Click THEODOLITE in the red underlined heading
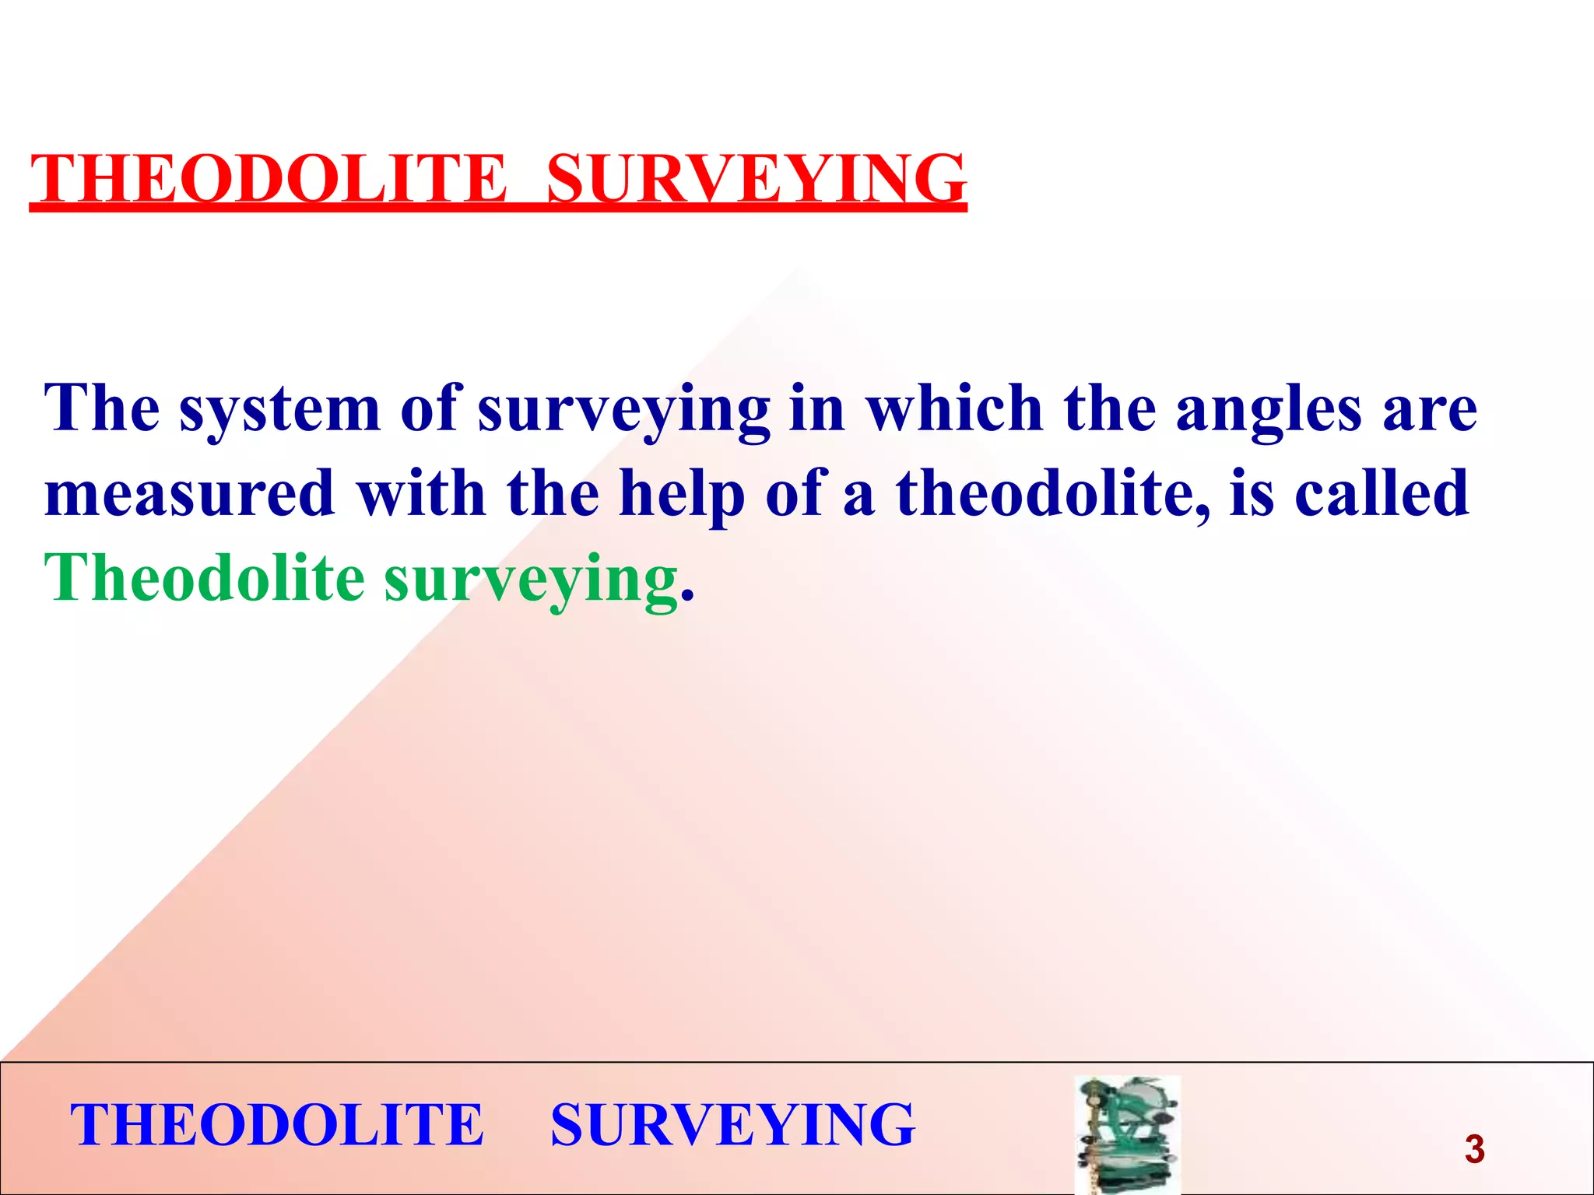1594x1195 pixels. click(269, 179)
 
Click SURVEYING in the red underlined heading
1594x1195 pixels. click(757, 179)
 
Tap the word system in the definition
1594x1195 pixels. click(280, 410)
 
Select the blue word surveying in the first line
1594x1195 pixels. click(623, 410)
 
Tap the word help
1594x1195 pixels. click(681, 495)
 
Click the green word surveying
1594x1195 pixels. click(531, 580)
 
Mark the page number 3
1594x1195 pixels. click(1474, 1149)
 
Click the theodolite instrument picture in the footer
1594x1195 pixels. click(1127, 1134)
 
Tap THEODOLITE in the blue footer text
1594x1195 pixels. click(277, 1125)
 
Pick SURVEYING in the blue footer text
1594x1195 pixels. click(732, 1125)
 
